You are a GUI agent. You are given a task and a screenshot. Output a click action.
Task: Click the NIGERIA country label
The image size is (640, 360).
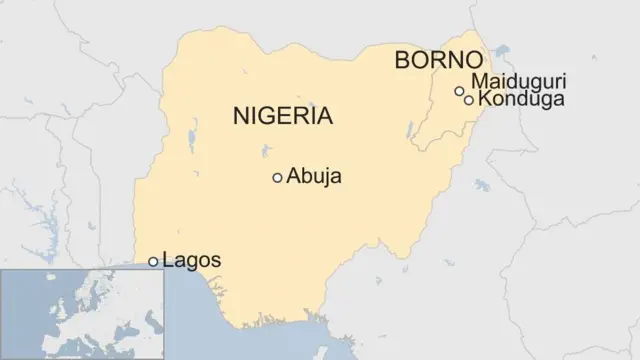282,116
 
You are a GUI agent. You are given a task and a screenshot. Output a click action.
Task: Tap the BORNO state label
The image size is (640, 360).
439,60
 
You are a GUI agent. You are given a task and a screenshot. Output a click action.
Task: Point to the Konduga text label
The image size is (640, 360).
521,99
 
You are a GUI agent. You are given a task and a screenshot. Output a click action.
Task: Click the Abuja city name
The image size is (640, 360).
314,177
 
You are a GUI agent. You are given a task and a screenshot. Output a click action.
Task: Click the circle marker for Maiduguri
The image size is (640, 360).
459,91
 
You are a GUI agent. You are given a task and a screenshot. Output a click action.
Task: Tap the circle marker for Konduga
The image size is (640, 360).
469,99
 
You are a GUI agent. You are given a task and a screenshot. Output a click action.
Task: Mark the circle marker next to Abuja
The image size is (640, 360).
277,178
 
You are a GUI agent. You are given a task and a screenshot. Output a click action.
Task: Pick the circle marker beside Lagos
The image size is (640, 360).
153,262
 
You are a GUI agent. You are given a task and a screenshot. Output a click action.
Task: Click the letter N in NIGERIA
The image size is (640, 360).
240,116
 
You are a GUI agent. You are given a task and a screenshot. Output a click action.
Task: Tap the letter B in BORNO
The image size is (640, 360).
403,60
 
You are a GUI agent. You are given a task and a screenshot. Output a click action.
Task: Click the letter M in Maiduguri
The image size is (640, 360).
478,81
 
